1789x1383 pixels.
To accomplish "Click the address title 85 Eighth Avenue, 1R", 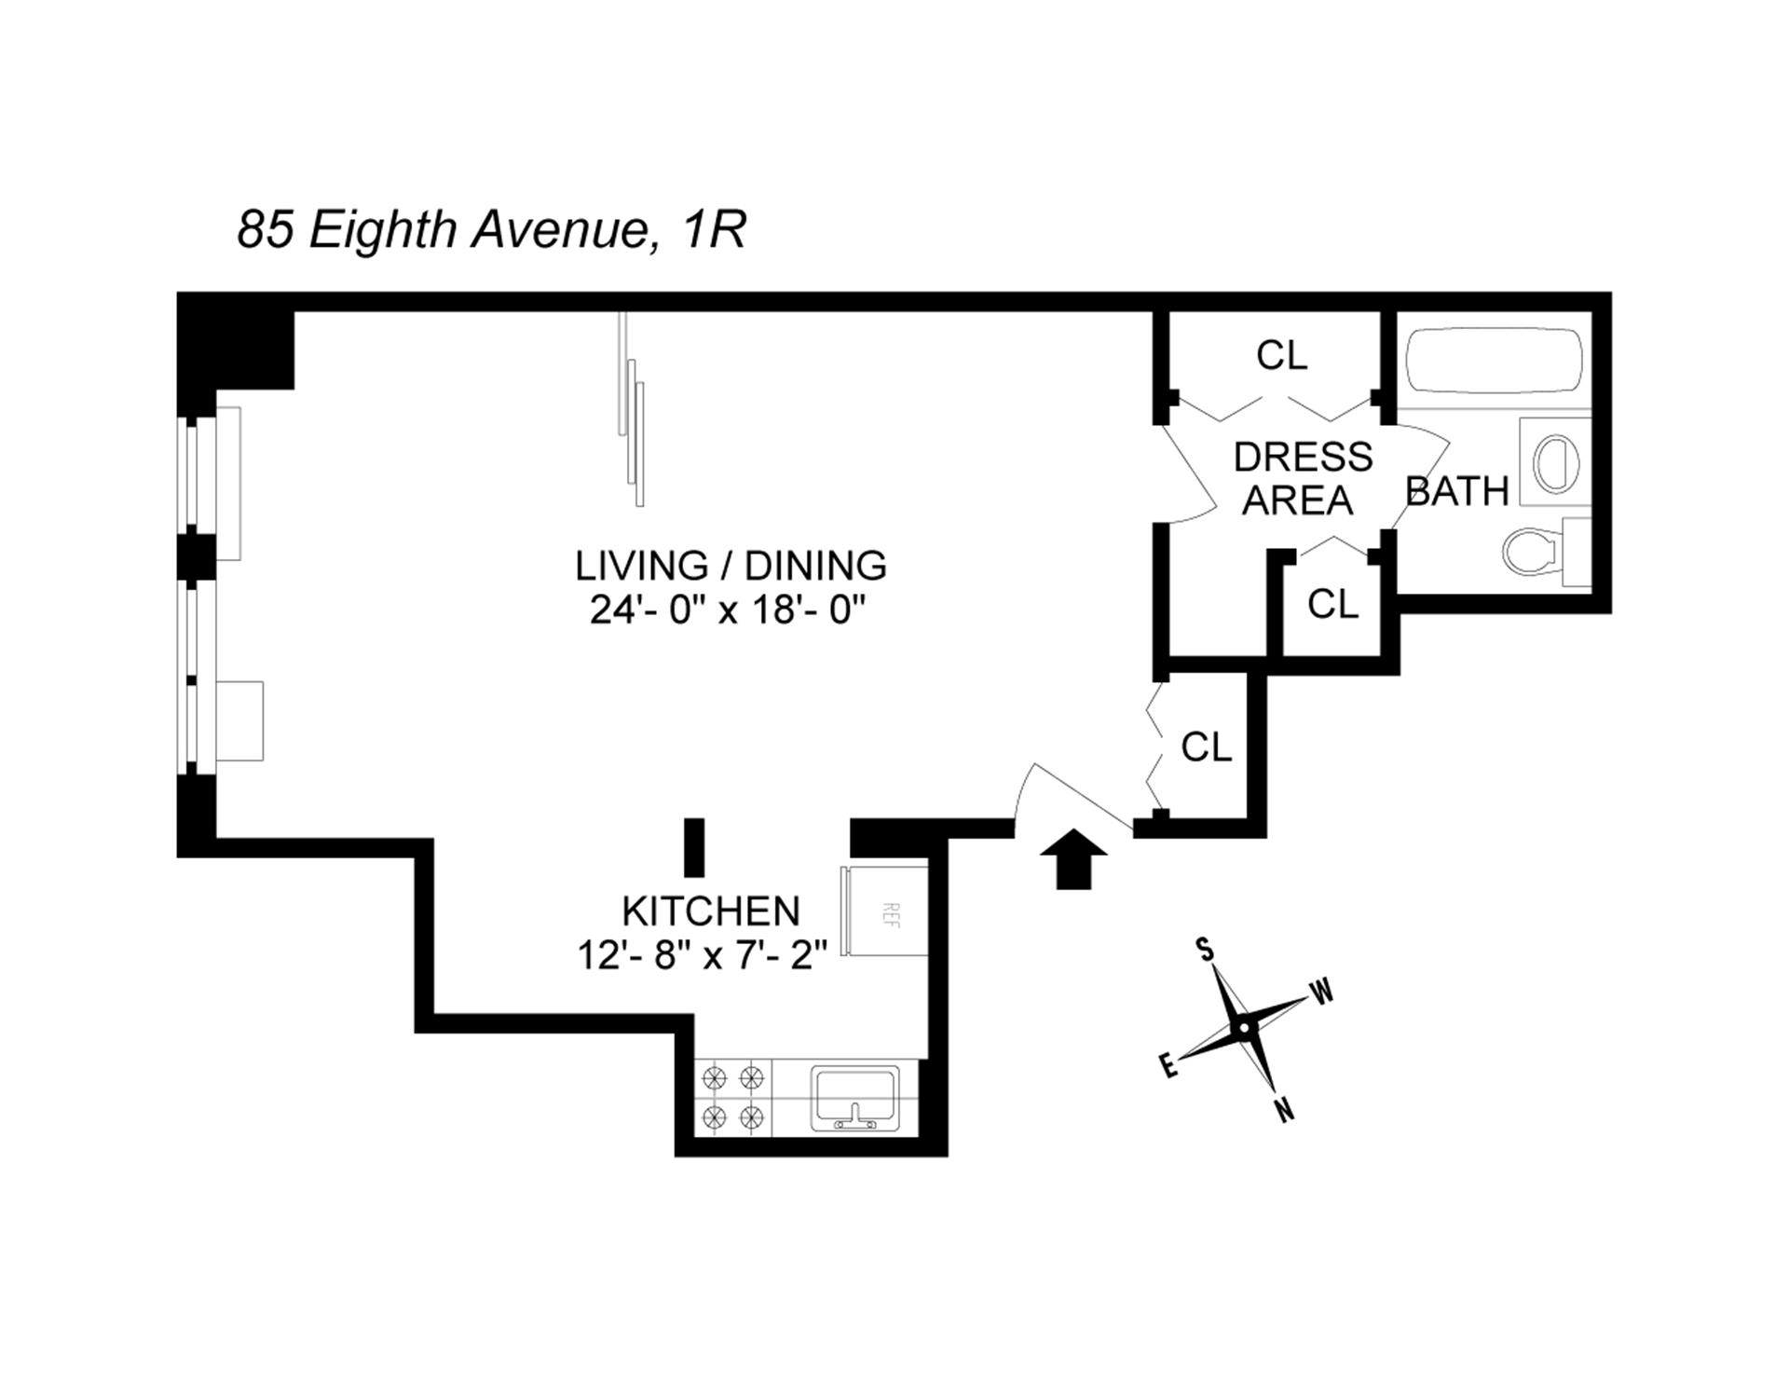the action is [491, 228].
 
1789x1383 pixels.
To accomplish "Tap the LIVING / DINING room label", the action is [731, 566].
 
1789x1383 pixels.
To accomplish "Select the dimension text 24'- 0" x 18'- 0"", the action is [729, 611].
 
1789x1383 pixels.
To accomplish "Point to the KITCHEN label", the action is [711, 911].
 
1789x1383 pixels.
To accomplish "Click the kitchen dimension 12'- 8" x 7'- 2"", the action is [703, 955].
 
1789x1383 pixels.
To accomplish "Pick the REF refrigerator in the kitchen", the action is [886, 911].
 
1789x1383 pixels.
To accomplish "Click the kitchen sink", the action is [854, 1099].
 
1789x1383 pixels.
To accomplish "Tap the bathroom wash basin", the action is [1553, 463].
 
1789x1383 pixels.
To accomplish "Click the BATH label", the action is [1456, 491].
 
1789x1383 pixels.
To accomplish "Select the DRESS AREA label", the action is [1302, 478].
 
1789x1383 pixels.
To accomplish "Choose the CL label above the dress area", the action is [1281, 355].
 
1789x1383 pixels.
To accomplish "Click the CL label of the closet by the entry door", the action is [1206, 746].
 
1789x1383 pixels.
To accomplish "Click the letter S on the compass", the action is [1206, 950].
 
